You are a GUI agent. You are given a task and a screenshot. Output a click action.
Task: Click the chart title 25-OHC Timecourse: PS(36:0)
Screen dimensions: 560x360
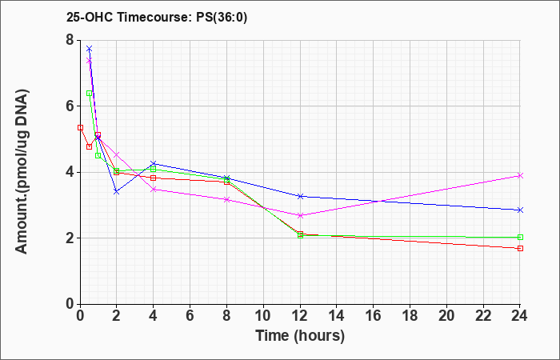tap(157, 17)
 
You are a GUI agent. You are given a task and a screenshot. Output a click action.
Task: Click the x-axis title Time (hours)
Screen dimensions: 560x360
tap(300, 336)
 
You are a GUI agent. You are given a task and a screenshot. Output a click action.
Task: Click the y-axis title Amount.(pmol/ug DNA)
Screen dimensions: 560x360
tap(22, 171)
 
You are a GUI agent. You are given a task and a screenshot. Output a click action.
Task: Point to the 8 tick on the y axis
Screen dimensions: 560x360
tap(70, 40)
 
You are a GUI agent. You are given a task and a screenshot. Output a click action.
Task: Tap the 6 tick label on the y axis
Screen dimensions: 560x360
tap(70, 106)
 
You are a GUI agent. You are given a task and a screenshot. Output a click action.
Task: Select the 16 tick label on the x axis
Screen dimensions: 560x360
tap(374, 316)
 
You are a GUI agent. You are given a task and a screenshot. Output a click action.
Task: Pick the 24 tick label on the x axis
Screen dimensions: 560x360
tap(520, 316)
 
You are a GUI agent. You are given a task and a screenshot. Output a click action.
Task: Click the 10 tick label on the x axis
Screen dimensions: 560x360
tap(263, 316)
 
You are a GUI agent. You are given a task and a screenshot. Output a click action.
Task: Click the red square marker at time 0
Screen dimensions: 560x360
tap(80, 127)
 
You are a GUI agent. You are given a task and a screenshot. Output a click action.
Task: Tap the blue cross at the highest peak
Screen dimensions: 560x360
tap(90, 48)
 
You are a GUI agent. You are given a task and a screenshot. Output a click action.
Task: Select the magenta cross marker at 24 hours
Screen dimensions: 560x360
tap(520, 175)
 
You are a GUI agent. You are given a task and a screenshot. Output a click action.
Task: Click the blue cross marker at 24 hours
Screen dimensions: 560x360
tap(520, 210)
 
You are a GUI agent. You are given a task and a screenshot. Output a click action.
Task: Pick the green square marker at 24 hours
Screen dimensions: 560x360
tap(520, 237)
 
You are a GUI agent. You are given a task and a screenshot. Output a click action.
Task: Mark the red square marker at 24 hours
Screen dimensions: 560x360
tap(520, 248)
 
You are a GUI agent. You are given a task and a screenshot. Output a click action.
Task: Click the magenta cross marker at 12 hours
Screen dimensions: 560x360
tap(300, 215)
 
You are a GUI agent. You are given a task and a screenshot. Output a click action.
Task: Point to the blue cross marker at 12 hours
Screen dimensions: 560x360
tap(300, 196)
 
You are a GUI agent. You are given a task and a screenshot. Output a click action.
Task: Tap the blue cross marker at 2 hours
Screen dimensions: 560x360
tap(117, 192)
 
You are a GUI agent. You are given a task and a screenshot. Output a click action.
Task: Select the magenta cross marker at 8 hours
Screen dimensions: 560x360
tap(226, 200)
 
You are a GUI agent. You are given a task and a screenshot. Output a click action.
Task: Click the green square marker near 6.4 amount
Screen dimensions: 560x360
tap(90, 94)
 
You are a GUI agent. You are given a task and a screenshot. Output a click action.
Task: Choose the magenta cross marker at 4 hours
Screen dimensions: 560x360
tap(154, 190)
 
